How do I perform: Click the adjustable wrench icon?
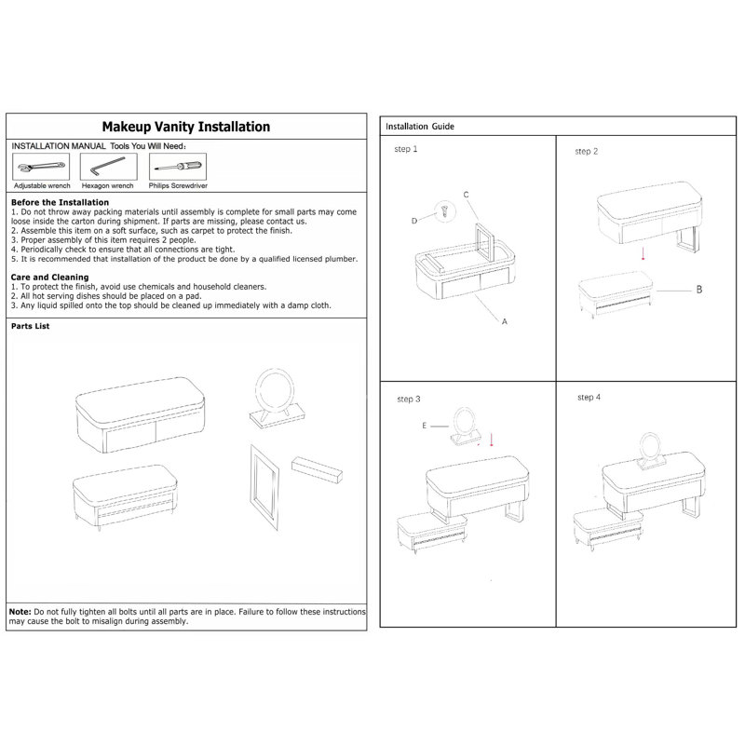click(x=41, y=167)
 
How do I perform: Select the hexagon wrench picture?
click(x=108, y=166)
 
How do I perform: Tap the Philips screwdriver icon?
click(x=178, y=167)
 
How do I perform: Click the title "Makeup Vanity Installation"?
click(x=185, y=127)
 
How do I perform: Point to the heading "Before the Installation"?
click(x=60, y=202)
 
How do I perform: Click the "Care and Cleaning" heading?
click(x=50, y=277)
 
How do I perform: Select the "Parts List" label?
click(x=31, y=326)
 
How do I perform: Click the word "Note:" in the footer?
click(x=20, y=612)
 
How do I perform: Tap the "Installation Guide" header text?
click(x=420, y=127)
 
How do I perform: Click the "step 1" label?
click(x=406, y=149)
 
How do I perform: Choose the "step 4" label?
click(x=589, y=398)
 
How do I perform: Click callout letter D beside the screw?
click(x=414, y=221)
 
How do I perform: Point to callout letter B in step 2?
click(x=699, y=290)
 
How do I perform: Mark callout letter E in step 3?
click(x=425, y=426)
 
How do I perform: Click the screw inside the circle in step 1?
click(x=445, y=210)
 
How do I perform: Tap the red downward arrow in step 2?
click(x=643, y=252)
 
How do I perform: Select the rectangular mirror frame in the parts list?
click(x=264, y=486)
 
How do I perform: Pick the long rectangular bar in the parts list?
click(x=317, y=469)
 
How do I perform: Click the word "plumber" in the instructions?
click(x=341, y=259)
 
